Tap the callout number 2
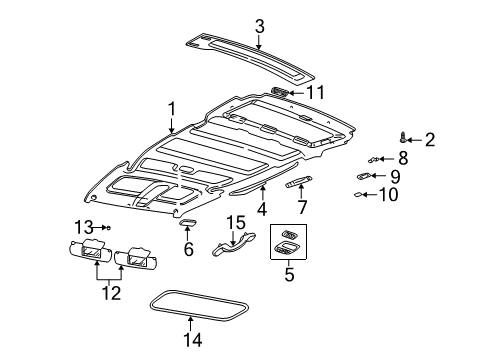(430, 139)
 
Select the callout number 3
(259, 26)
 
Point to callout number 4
(262, 210)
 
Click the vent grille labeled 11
(282, 91)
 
